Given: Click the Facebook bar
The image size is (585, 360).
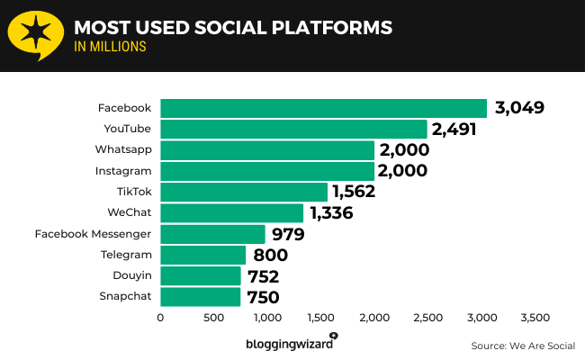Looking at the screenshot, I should click(x=323, y=108).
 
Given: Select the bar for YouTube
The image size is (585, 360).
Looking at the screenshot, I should click(x=293, y=129).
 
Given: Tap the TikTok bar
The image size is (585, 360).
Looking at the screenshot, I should click(x=244, y=192).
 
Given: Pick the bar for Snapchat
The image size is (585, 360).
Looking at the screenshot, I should click(x=200, y=296).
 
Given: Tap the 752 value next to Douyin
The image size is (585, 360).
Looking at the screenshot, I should click(x=262, y=276).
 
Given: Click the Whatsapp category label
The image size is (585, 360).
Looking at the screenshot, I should click(x=123, y=149).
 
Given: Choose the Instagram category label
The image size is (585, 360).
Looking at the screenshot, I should click(x=123, y=170).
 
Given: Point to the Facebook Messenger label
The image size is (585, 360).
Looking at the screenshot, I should click(x=93, y=234).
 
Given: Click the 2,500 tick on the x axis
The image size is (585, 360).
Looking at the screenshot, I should click(x=427, y=318).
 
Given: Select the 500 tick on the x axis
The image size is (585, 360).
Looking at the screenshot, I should click(x=213, y=318).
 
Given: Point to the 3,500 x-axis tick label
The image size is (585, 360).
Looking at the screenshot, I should click(x=535, y=318).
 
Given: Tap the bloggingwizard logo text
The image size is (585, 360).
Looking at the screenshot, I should click(x=288, y=344).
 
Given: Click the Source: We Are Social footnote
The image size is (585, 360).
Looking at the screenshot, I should click(x=522, y=346).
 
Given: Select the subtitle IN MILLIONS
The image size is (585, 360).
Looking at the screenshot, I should click(x=110, y=47).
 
